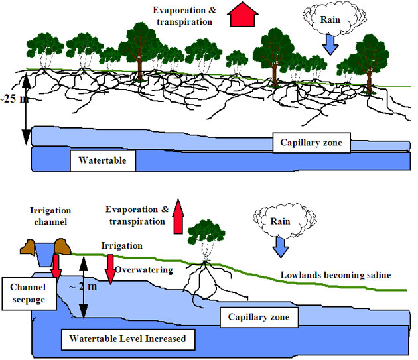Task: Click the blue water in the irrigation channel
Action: tap(46, 250)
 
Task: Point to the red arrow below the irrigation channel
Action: tap(58, 267)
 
